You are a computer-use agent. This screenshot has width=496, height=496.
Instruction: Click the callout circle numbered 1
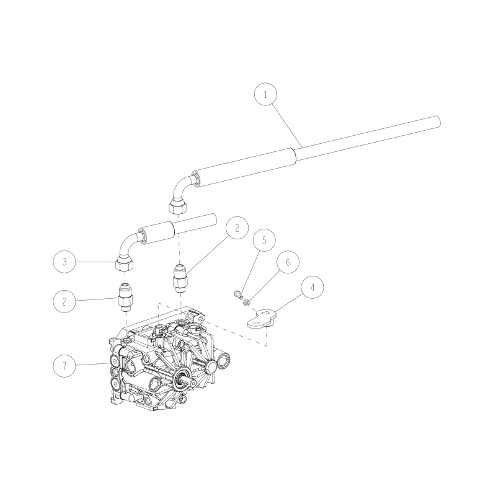pyautogui.click(x=266, y=95)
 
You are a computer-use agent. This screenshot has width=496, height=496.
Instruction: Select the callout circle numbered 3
pyautogui.click(x=64, y=262)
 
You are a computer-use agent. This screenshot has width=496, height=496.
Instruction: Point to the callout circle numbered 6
pyautogui.click(x=287, y=263)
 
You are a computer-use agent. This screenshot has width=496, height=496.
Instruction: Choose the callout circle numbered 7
pyautogui.click(x=64, y=366)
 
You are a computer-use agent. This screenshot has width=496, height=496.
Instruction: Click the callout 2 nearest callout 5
pyautogui.click(x=237, y=228)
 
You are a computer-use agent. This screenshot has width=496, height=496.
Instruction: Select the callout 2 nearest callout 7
pyautogui.click(x=64, y=302)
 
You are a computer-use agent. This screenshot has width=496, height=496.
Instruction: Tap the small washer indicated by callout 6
pyautogui.click(x=246, y=302)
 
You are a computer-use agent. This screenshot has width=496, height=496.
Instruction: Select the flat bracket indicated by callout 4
pyautogui.click(x=263, y=320)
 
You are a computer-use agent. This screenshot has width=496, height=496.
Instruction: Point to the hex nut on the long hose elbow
pyautogui.click(x=179, y=208)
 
